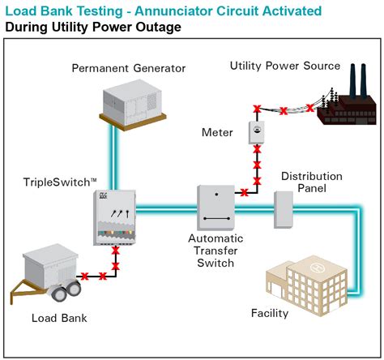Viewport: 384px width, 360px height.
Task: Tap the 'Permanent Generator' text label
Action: pos(128,67)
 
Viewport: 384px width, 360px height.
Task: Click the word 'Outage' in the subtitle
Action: pos(159,28)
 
